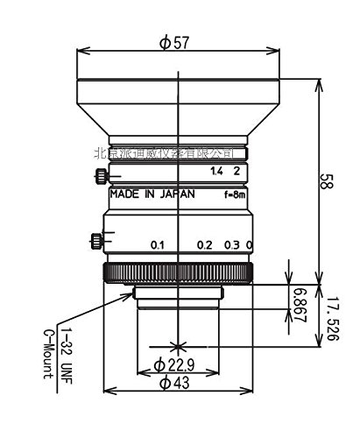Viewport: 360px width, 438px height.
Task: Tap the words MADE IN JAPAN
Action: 148,195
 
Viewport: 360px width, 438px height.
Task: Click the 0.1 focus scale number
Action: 159,244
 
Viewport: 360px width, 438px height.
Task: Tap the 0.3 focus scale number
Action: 232,244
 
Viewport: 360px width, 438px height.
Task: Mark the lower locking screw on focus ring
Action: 95,238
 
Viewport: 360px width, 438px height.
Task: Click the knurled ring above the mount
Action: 180,272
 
